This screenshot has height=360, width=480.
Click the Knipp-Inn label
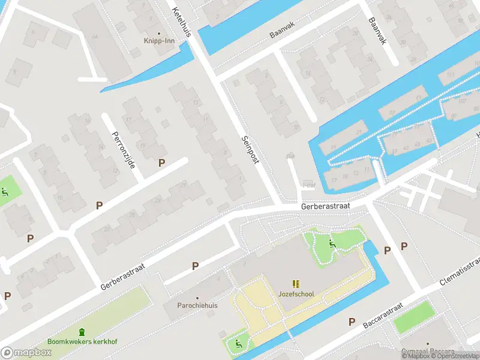click(159, 41)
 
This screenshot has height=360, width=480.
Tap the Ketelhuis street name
click(181, 22)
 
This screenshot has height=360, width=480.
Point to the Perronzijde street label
click(123, 149)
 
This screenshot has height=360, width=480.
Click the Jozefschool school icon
click(296, 283)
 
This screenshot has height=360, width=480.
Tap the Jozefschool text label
click(296, 294)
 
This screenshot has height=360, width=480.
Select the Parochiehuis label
click(197, 305)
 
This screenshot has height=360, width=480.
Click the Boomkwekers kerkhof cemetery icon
click(82, 332)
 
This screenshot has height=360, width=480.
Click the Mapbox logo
click(26, 352)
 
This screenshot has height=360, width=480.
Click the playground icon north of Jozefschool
click(332, 243)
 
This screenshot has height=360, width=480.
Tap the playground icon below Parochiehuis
click(238, 344)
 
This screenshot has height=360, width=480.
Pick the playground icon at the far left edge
click(5, 193)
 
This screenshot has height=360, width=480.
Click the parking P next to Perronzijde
click(161, 163)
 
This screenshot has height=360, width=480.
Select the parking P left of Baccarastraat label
click(352, 322)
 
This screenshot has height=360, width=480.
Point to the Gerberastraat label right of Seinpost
click(324, 206)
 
